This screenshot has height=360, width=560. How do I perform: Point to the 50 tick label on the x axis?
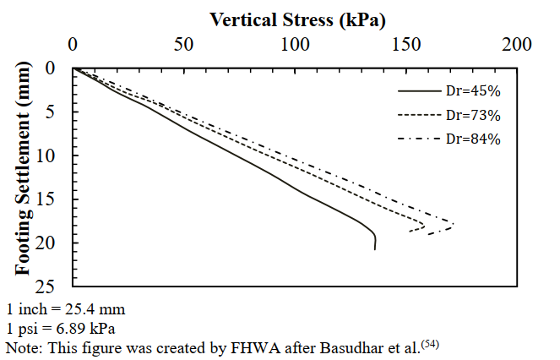pyautogui.click(x=184, y=45)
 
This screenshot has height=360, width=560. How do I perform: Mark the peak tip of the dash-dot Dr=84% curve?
pyautogui.click(x=454, y=225)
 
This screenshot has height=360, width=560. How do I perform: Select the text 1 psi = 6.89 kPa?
pyautogui.click(x=60, y=327)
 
